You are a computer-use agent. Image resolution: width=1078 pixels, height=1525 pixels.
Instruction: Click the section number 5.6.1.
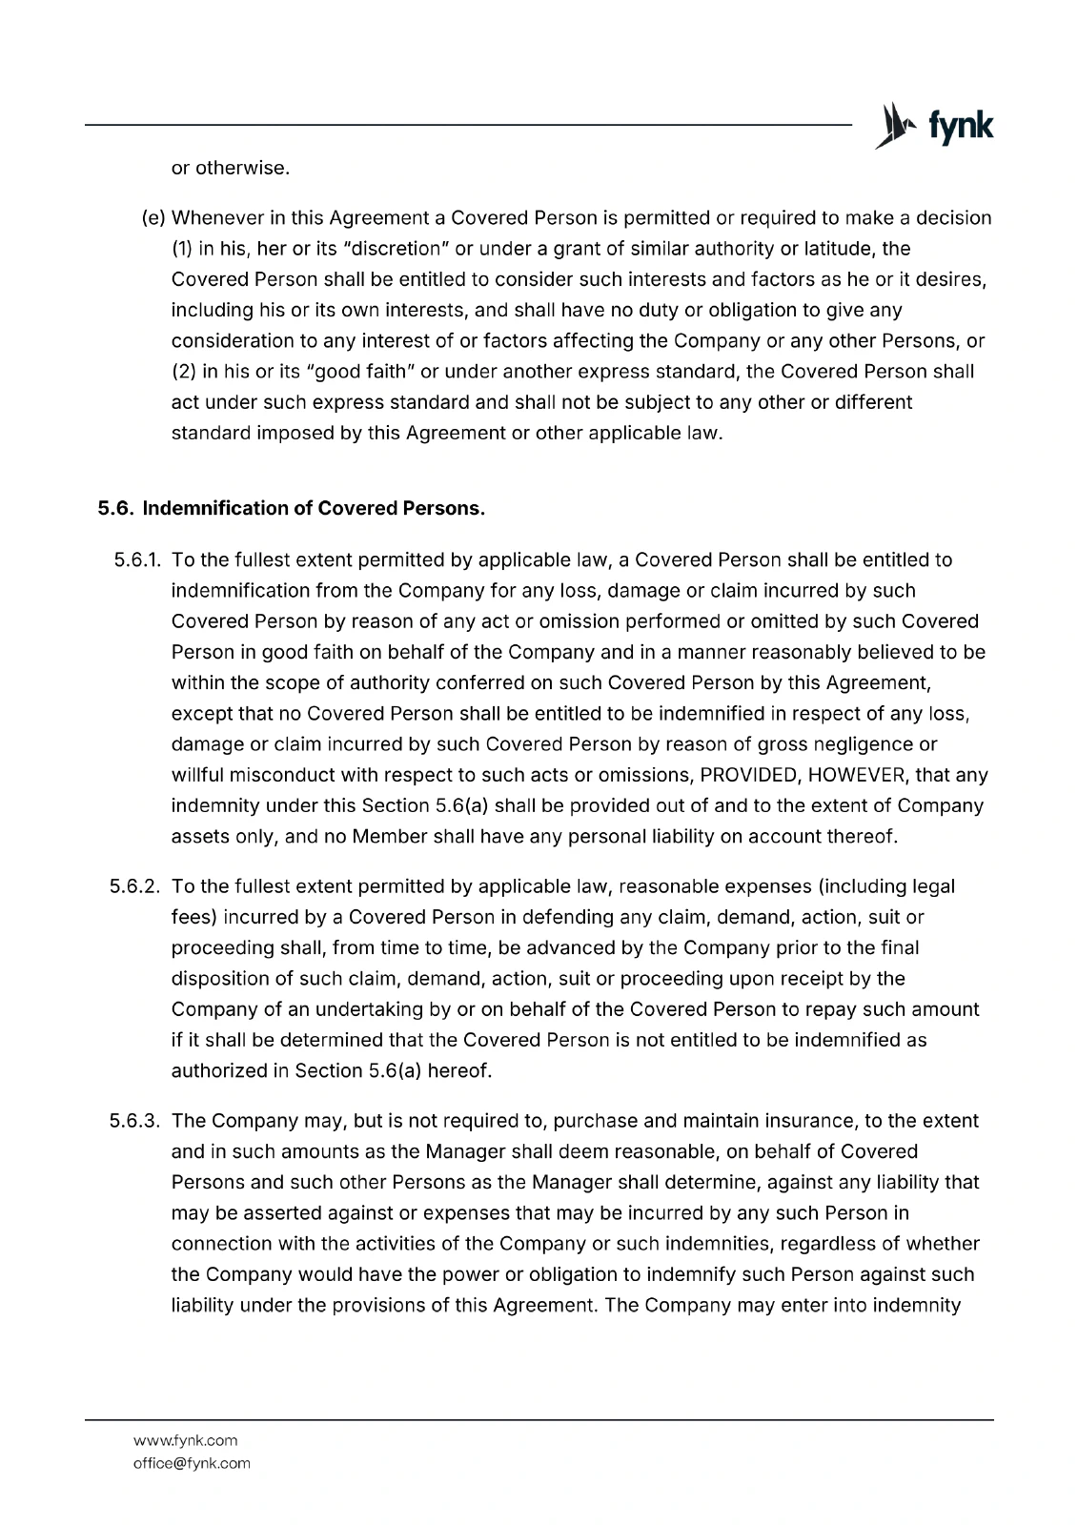pos(135,559)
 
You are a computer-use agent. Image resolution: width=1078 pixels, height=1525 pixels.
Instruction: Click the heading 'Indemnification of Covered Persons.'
pos(314,508)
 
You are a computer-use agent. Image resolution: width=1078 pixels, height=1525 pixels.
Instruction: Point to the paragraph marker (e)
pos(153,218)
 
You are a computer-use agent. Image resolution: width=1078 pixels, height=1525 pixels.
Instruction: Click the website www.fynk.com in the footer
pos(185,1440)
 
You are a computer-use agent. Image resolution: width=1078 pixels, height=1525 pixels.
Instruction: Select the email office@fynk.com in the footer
pos(192,1463)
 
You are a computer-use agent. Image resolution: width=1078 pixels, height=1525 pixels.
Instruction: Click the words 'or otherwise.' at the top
pos(230,169)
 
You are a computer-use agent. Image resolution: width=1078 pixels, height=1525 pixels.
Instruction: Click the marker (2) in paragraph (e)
pos(183,372)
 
